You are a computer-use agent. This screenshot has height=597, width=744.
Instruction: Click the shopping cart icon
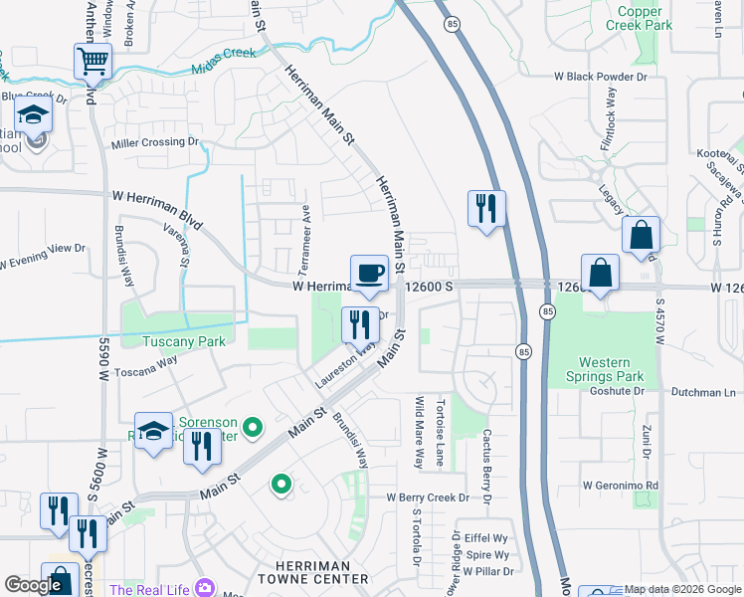(x=93, y=61)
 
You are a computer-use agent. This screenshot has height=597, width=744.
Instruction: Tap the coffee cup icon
(x=369, y=272)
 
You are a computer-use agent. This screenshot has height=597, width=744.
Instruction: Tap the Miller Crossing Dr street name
(x=154, y=142)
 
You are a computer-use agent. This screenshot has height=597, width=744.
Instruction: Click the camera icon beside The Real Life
(x=205, y=589)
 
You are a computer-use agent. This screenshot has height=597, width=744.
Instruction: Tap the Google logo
(x=33, y=586)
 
